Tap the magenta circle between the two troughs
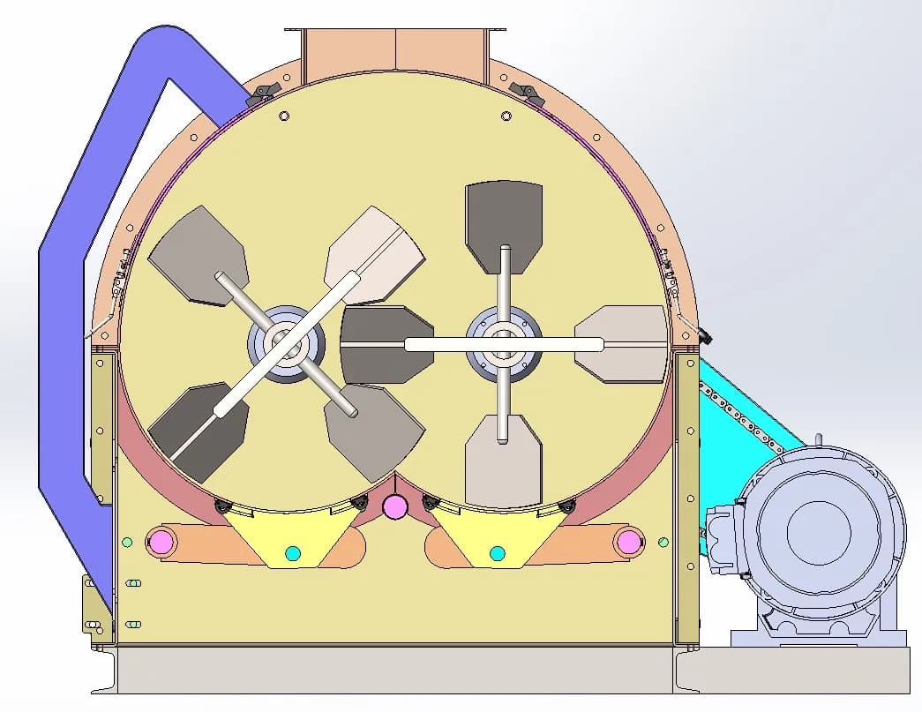click(x=394, y=506)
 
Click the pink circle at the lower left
click(x=161, y=540)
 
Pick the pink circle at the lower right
click(x=629, y=540)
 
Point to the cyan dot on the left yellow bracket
click(x=293, y=553)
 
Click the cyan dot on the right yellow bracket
click(x=497, y=553)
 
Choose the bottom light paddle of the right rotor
click(x=503, y=463)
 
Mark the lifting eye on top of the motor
click(x=818, y=440)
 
